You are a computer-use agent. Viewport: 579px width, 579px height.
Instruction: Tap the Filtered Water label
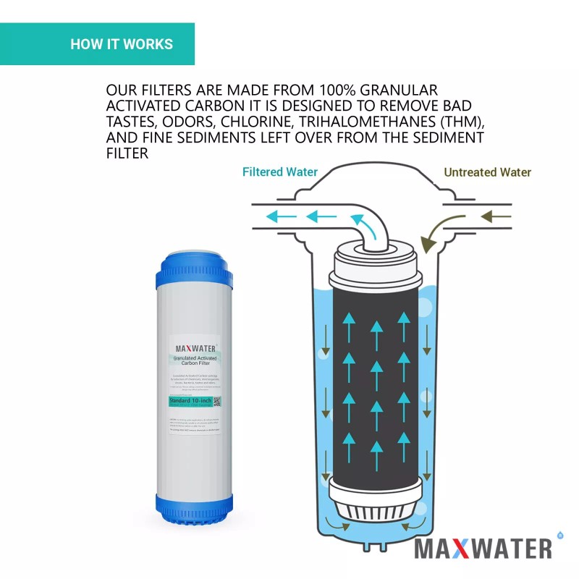coord(279,172)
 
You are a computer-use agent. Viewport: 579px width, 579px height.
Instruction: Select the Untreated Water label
coord(487,172)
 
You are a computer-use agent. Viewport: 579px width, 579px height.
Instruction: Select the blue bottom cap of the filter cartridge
coord(194,508)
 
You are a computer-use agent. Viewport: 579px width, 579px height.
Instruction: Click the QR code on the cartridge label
coord(216,401)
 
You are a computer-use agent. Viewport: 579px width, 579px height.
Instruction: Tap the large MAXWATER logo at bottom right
coord(483,548)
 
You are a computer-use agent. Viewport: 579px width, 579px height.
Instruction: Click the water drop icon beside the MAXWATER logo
coord(559,536)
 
